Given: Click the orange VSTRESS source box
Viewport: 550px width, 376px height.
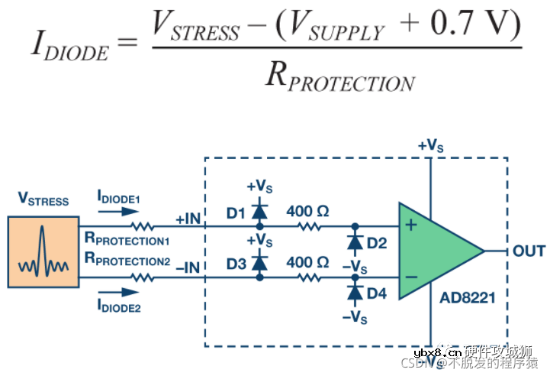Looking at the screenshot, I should pyautogui.click(x=43, y=251).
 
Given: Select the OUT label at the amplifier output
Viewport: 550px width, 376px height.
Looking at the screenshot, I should pyautogui.click(x=529, y=251).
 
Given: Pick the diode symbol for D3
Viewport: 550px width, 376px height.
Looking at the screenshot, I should pyautogui.click(x=259, y=262).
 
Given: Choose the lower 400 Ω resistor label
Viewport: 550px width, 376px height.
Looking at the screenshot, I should pyautogui.click(x=307, y=262).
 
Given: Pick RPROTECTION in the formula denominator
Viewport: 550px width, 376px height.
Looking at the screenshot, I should pyautogui.click(x=339, y=76).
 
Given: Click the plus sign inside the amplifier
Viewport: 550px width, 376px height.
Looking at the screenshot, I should pyautogui.click(x=410, y=226).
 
